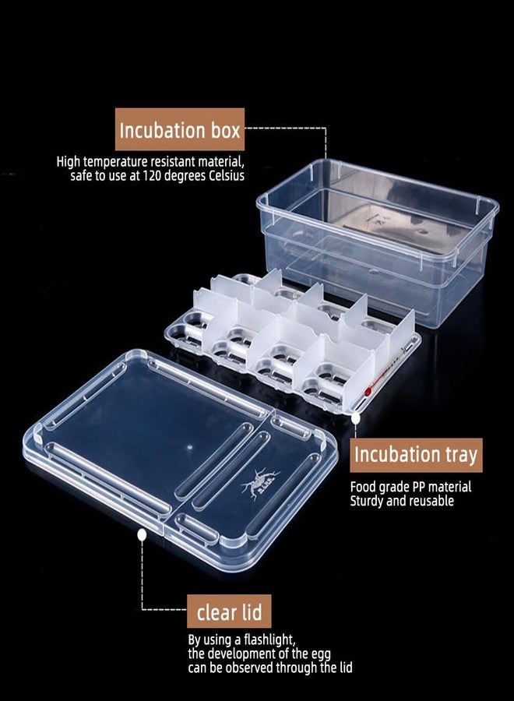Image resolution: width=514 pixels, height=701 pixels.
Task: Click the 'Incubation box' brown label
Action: (180, 129)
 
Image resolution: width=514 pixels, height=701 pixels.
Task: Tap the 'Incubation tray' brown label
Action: (416, 455)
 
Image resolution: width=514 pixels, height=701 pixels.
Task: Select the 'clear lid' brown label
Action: (229, 611)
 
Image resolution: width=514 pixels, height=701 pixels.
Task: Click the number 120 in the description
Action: (152, 176)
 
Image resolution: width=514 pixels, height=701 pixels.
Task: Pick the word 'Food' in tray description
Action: (361, 486)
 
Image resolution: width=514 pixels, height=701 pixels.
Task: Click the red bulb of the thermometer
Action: (368, 392)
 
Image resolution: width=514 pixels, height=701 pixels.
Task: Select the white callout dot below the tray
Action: (356, 418)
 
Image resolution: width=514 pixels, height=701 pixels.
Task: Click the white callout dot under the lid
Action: (143, 534)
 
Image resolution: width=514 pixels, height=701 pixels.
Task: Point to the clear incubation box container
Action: (378, 241)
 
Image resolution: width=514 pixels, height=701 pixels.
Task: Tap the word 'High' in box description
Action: (68, 161)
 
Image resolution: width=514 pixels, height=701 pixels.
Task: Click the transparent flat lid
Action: (179, 460)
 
